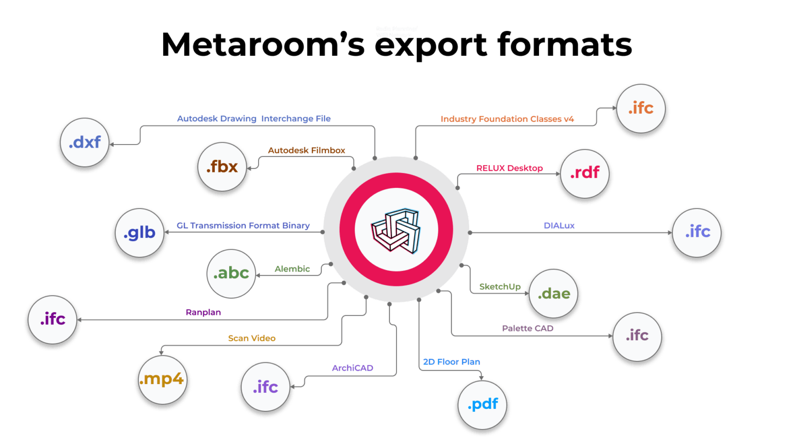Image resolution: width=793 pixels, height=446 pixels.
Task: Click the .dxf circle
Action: tap(84, 142)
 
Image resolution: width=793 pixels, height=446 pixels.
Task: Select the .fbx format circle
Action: tap(222, 167)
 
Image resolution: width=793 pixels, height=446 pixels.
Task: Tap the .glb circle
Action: tap(139, 233)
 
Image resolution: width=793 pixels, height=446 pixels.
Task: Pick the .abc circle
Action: tap(231, 273)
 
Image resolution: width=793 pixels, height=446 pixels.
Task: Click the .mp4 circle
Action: tap(162, 379)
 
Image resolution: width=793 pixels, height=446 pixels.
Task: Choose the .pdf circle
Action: tap(482, 404)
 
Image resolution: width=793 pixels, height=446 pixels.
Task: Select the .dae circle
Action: tap(553, 294)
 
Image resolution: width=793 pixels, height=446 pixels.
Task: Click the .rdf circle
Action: tap(584, 173)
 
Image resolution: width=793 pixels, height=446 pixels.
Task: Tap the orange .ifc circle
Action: tap(640, 108)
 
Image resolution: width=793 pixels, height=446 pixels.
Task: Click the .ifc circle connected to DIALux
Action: tap(697, 232)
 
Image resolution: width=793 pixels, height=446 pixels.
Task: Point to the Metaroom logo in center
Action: tap(395, 229)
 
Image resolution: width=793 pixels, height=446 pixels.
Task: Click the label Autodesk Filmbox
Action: tap(306, 150)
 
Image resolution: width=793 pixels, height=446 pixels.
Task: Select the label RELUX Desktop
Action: tap(509, 168)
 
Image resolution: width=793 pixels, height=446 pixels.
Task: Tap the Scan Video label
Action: tap(251, 338)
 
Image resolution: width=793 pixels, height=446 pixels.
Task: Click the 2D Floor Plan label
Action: tap(451, 362)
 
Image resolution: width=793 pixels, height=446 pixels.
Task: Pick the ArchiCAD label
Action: tap(352, 368)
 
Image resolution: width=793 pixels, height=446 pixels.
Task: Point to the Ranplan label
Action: tap(203, 312)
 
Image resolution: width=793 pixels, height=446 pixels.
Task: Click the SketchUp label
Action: tap(499, 286)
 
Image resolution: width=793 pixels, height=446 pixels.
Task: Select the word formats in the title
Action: tap(565, 45)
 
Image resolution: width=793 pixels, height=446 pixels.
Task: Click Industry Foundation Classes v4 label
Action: tap(506, 119)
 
